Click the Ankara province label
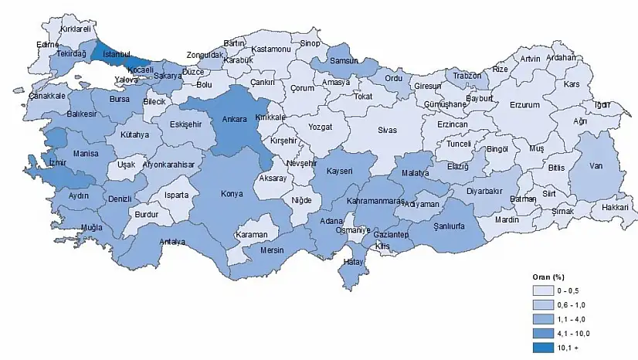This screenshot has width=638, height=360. point(234,120)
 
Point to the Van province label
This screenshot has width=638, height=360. point(596,165)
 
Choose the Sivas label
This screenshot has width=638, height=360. point(387,130)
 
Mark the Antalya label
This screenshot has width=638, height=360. point(172,242)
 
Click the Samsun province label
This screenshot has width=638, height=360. point(340,61)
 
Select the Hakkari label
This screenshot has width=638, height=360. point(616,207)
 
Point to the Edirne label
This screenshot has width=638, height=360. point(49,44)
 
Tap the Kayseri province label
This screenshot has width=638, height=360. point(340,171)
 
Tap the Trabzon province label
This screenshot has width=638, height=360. point(467,76)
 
